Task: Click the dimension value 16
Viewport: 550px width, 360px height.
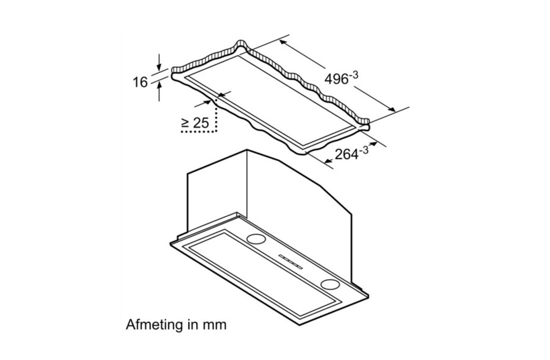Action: (x=140, y=82)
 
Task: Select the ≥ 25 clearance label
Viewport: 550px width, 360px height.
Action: (x=194, y=122)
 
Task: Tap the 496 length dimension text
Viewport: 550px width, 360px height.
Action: (x=335, y=79)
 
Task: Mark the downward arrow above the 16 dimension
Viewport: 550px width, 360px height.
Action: (x=159, y=65)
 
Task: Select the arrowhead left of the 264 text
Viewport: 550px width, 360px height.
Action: (x=328, y=160)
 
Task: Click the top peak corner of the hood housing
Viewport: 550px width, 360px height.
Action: (x=247, y=149)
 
